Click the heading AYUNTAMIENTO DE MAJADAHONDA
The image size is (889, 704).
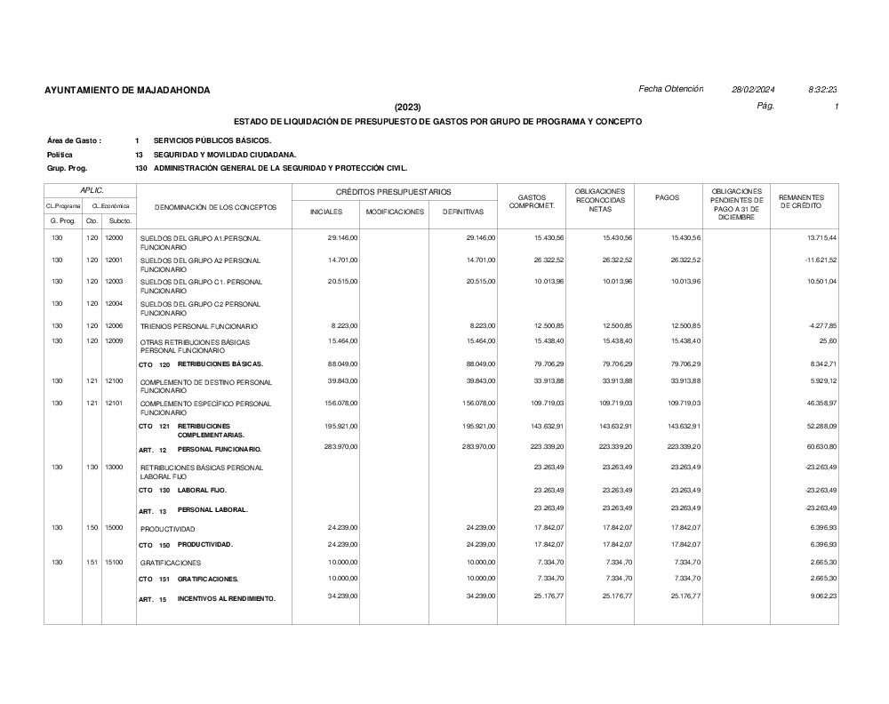pos(127,91)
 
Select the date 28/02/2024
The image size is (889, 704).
pos(753,90)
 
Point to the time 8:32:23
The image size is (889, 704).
pos(823,90)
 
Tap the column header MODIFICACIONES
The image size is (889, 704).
pos(395,212)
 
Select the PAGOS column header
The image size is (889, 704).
pos(667,197)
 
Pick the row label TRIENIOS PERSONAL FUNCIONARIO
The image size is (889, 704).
pos(199,327)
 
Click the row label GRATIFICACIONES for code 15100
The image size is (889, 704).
pos(171,563)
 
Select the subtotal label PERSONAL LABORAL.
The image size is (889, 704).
pos(212,510)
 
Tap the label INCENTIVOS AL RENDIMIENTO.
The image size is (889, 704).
pos(227,599)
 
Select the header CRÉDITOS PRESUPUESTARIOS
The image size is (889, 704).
pos(393,192)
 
